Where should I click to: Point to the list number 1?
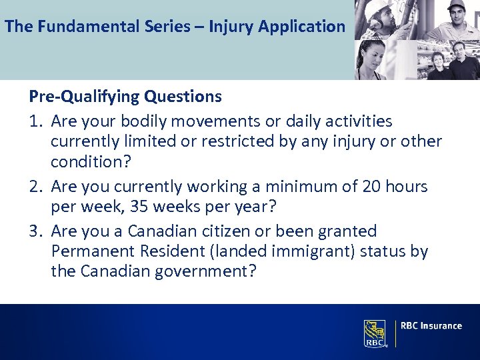(x=35, y=121)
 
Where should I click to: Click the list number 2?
(x=35, y=187)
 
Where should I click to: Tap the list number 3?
(x=35, y=231)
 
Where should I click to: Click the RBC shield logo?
(x=375, y=333)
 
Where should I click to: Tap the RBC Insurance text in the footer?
(x=432, y=326)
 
